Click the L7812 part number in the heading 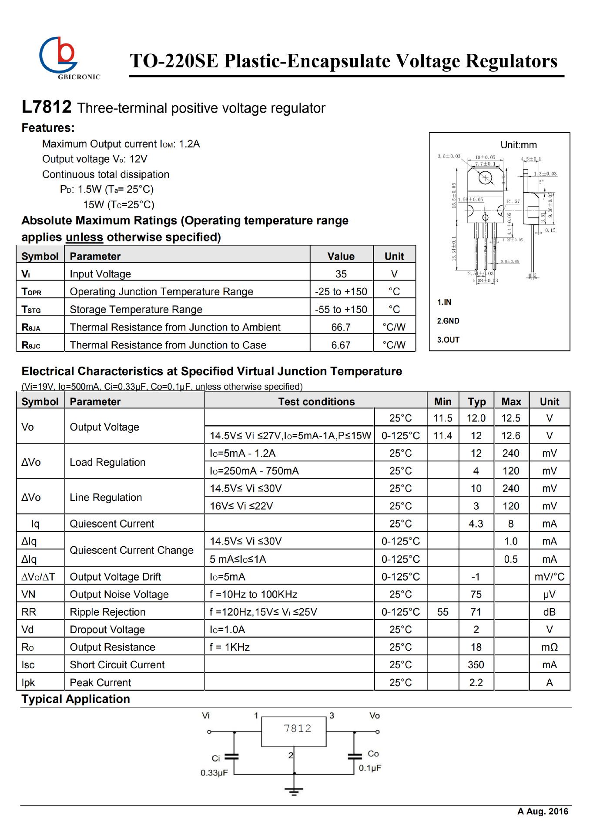pos(47,107)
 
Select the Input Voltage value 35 pos(341,274)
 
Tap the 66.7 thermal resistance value pos(341,327)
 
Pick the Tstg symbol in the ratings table pos(31,310)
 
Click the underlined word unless pos(84,237)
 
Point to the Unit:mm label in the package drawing pos(518,145)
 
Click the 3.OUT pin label pos(448,340)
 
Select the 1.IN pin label pos(444,302)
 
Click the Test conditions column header pos(316,401)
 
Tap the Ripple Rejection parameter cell pos(107,612)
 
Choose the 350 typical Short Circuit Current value pos(476,665)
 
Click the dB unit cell pos(549,612)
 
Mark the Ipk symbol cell pos(28,682)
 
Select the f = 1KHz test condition pos(230,647)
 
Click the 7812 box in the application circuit pos(294,731)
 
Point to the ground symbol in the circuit pos(294,791)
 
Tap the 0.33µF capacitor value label pos(214,773)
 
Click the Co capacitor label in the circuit pos(373,754)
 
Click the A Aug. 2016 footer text pos(543,811)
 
